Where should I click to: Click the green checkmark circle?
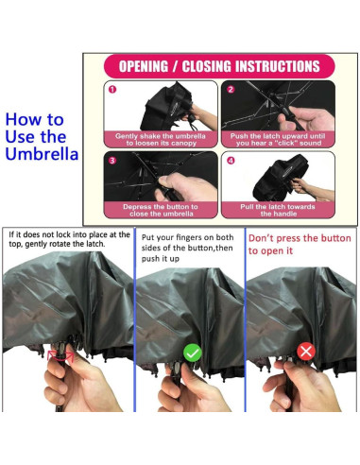(193, 353)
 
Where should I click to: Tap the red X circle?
(306, 351)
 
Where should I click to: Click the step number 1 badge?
(112, 90)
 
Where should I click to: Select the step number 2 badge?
(231, 90)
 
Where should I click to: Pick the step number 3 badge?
(112, 161)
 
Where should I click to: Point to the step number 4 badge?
(231, 161)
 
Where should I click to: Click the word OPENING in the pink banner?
(144, 66)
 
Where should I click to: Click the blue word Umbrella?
(42, 154)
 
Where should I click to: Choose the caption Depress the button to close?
(161, 210)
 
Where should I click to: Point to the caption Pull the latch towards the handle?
(278, 210)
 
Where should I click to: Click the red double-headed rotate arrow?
(60, 356)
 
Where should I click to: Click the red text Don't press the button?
(300, 238)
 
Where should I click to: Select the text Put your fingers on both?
(187, 237)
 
